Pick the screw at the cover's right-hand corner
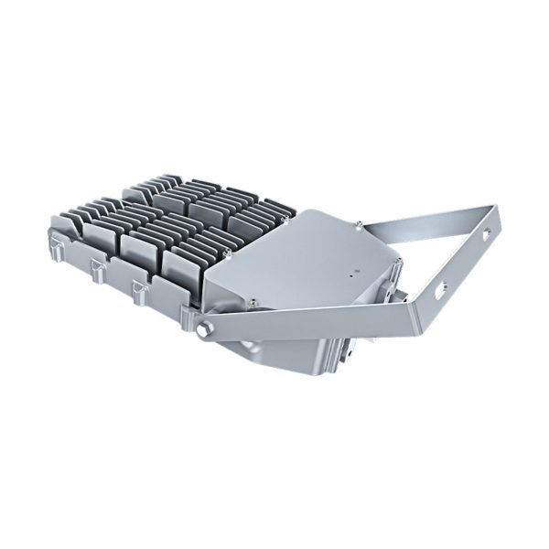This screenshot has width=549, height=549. [400, 263]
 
